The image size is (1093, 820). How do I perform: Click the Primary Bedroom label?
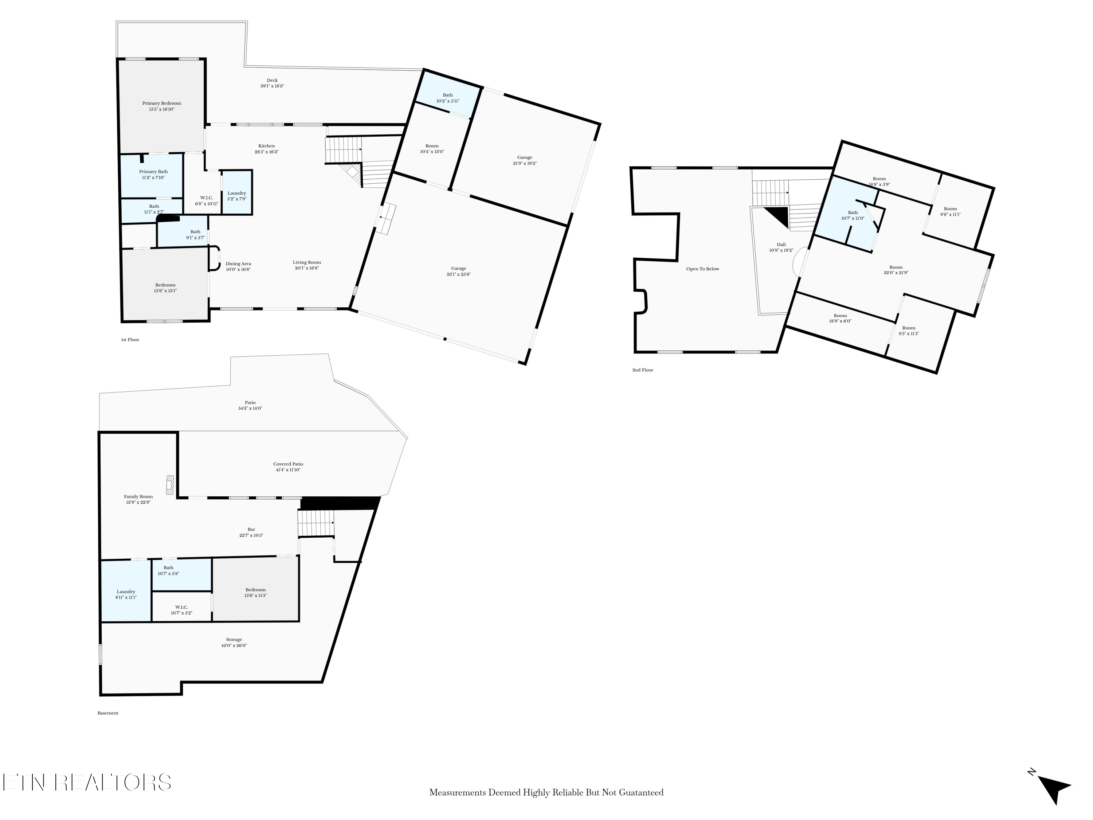pyautogui.click(x=161, y=103)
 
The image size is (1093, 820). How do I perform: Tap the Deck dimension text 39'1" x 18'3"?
pyautogui.click(x=272, y=86)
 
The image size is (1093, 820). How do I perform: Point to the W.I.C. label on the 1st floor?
pyautogui.click(x=207, y=198)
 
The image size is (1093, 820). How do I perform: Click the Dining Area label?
pyautogui.click(x=238, y=263)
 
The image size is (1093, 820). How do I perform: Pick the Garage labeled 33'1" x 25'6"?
pyautogui.click(x=459, y=271)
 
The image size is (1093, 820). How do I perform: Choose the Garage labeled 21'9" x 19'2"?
pyautogui.click(x=525, y=160)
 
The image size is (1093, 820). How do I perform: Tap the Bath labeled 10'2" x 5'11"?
pyautogui.click(x=448, y=98)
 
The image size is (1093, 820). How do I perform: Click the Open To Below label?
pyautogui.click(x=702, y=269)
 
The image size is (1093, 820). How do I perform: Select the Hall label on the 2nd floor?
pyautogui.click(x=781, y=244)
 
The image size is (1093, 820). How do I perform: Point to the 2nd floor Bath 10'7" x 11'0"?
pyautogui.click(x=853, y=215)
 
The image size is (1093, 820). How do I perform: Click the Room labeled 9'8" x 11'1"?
pyautogui.click(x=950, y=211)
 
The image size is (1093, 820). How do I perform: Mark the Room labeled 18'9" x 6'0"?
pyautogui.click(x=840, y=318)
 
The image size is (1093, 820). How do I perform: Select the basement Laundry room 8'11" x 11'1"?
pyautogui.click(x=126, y=594)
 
